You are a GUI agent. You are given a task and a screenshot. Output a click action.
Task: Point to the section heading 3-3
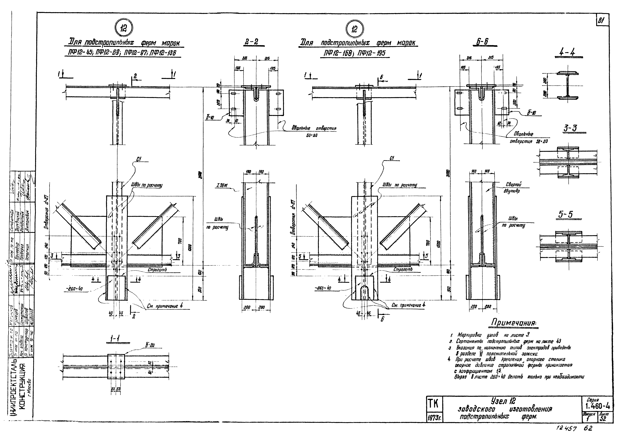coord(570,128)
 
